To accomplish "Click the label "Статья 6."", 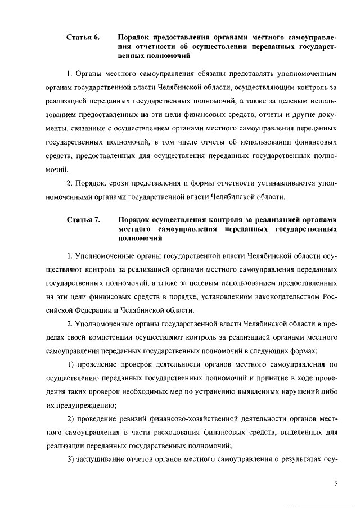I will pyautogui.click(x=83, y=38).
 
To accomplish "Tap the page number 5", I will pyautogui.click(x=335, y=482).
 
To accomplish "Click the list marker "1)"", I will pyautogui.click(x=71, y=364).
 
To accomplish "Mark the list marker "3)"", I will pyautogui.click(x=71, y=459).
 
